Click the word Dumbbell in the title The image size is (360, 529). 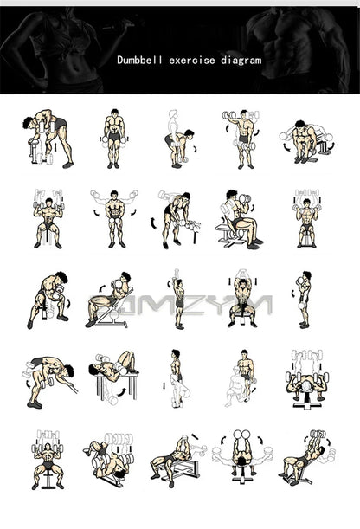click(x=139, y=61)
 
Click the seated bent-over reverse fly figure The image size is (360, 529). click(x=301, y=140)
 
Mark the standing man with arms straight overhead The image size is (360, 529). click(x=177, y=298)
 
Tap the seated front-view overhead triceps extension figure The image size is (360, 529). click(x=241, y=300)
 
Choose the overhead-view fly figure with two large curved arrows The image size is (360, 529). click(x=242, y=455)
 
